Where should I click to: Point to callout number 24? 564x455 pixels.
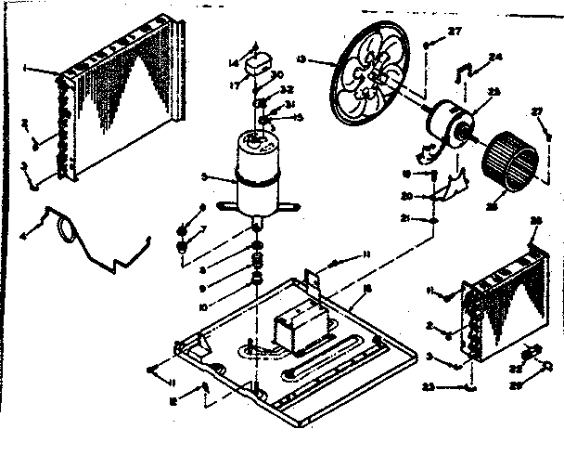pos(495,56)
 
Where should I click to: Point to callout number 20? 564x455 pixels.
pos(404,195)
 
